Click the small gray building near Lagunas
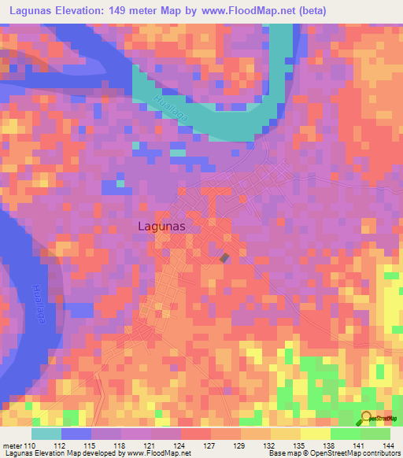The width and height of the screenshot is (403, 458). (225, 257)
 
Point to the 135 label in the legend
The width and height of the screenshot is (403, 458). (296, 446)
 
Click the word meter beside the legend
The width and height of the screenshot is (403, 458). (12, 446)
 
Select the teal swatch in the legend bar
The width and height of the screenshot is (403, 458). (46, 434)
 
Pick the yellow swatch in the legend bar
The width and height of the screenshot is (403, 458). (316, 434)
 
